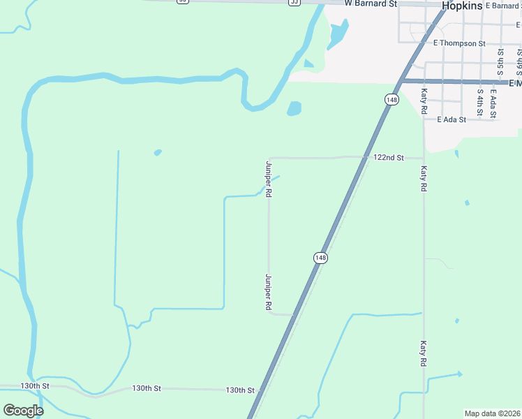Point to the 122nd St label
[x=389, y=158]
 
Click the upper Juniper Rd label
[x=268, y=178]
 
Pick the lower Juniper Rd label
[x=268, y=292]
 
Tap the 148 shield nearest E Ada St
[x=391, y=101]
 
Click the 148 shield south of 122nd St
[x=320, y=258]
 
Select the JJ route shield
[x=294, y=2]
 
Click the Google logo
[x=23, y=410]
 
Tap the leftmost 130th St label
[x=35, y=385]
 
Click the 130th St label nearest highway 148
[x=240, y=390]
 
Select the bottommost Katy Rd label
[x=423, y=353]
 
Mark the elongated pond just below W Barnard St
[x=338, y=33]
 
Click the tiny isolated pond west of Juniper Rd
[x=158, y=152]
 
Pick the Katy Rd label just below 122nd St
[x=423, y=179]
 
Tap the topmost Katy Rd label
[x=423, y=101]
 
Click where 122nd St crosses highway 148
[x=365, y=157]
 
